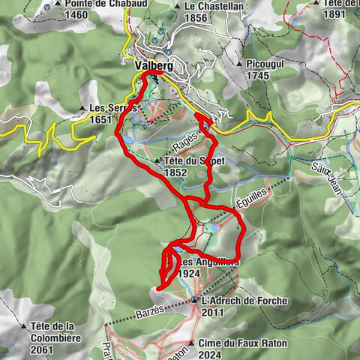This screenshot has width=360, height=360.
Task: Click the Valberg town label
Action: coord(152,66)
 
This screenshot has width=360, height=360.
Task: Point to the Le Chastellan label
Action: coord(214,5)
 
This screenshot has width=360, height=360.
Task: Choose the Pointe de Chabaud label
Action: coord(94,3)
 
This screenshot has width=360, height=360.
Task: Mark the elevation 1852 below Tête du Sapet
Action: coord(176,172)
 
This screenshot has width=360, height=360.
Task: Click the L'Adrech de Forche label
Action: coord(244,301)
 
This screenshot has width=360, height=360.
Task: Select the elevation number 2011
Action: coord(213,312)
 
